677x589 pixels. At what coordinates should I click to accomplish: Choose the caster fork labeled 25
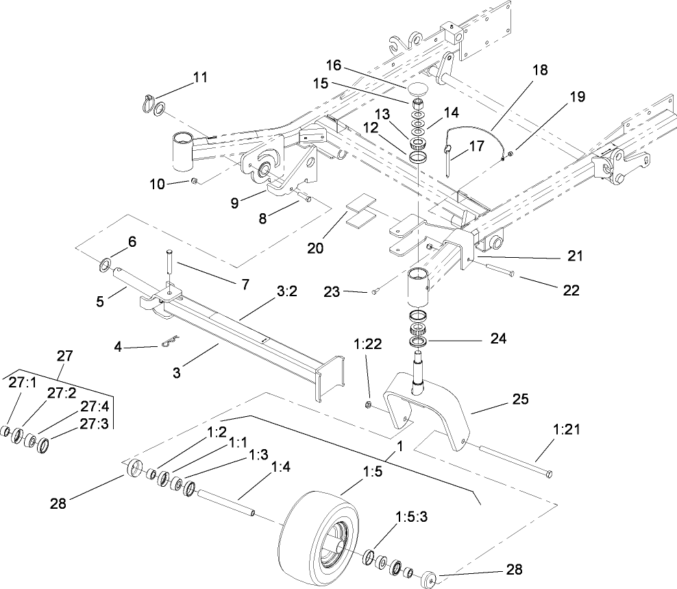[428, 404]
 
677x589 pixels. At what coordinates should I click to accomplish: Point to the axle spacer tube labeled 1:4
[227, 503]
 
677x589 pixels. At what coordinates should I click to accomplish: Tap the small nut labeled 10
[194, 181]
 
